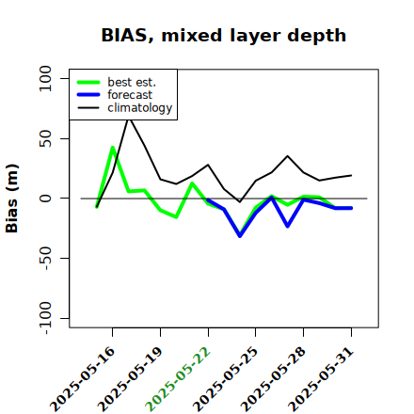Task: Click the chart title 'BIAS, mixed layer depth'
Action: (224, 36)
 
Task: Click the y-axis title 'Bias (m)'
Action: (12, 199)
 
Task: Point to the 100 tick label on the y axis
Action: (45, 78)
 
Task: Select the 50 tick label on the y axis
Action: (45, 138)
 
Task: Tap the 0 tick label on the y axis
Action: (45, 199)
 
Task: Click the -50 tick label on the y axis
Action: (46, 258)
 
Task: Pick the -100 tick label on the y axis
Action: (46, 318)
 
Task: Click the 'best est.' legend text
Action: (132, 82)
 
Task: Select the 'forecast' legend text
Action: (130, 95)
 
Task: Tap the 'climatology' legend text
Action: (140, 108)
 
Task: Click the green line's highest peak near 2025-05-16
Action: (113, 148)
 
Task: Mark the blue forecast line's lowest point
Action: (240, 236)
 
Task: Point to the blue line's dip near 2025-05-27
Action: (288, 226)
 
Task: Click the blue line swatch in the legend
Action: (88, 95)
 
